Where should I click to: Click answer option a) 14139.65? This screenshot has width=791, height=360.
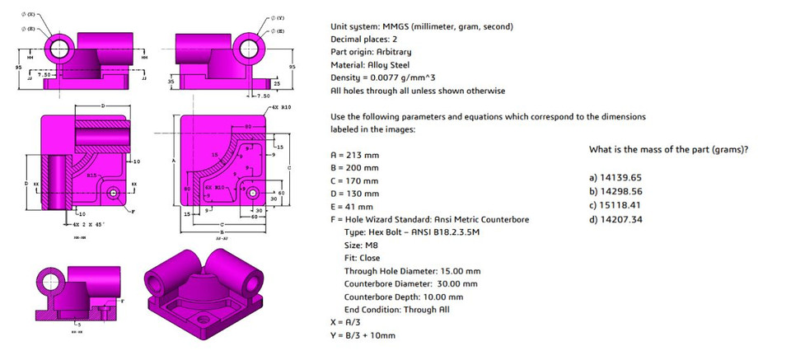click(616, 177)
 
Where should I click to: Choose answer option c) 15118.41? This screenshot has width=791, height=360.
click(616, 205)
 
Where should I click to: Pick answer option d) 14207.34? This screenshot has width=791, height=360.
click(616, 219)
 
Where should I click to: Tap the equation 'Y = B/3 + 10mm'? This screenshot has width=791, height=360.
click(363, 335)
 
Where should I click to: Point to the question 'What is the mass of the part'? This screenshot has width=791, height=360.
click(668, 149)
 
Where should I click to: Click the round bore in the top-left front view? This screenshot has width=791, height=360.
click(60, 50)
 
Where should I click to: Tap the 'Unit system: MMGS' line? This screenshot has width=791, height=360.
click(421, 26)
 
